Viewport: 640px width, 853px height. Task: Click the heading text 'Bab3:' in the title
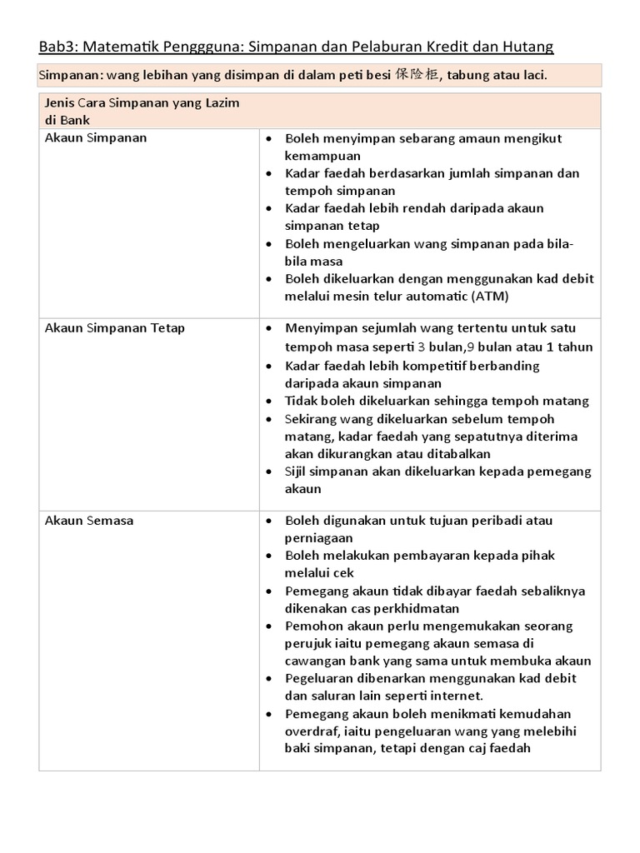[59, 46]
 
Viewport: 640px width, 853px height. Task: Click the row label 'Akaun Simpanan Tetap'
[114, 327]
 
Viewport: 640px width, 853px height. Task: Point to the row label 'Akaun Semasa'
[88, 521]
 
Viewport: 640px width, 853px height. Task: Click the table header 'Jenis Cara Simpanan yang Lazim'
[141, 103]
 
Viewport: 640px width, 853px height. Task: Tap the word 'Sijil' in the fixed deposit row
[297, 471]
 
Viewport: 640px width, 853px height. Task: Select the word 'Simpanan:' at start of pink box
[69, 76]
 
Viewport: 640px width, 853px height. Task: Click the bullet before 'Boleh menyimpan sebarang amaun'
[268, 139]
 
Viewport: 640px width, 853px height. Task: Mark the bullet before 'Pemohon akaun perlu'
[268, 626]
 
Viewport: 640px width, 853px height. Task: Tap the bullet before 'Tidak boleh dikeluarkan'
[268, 402]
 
